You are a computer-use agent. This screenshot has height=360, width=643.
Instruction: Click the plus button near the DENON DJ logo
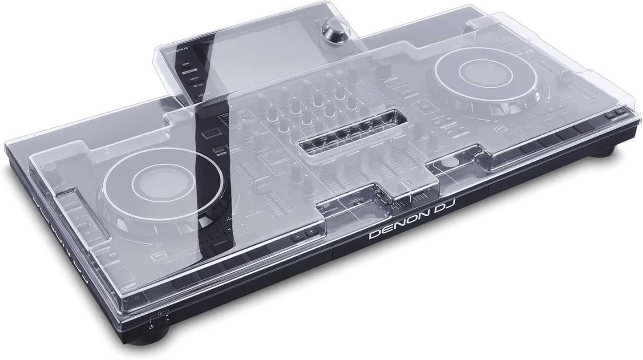pos(311,231)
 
